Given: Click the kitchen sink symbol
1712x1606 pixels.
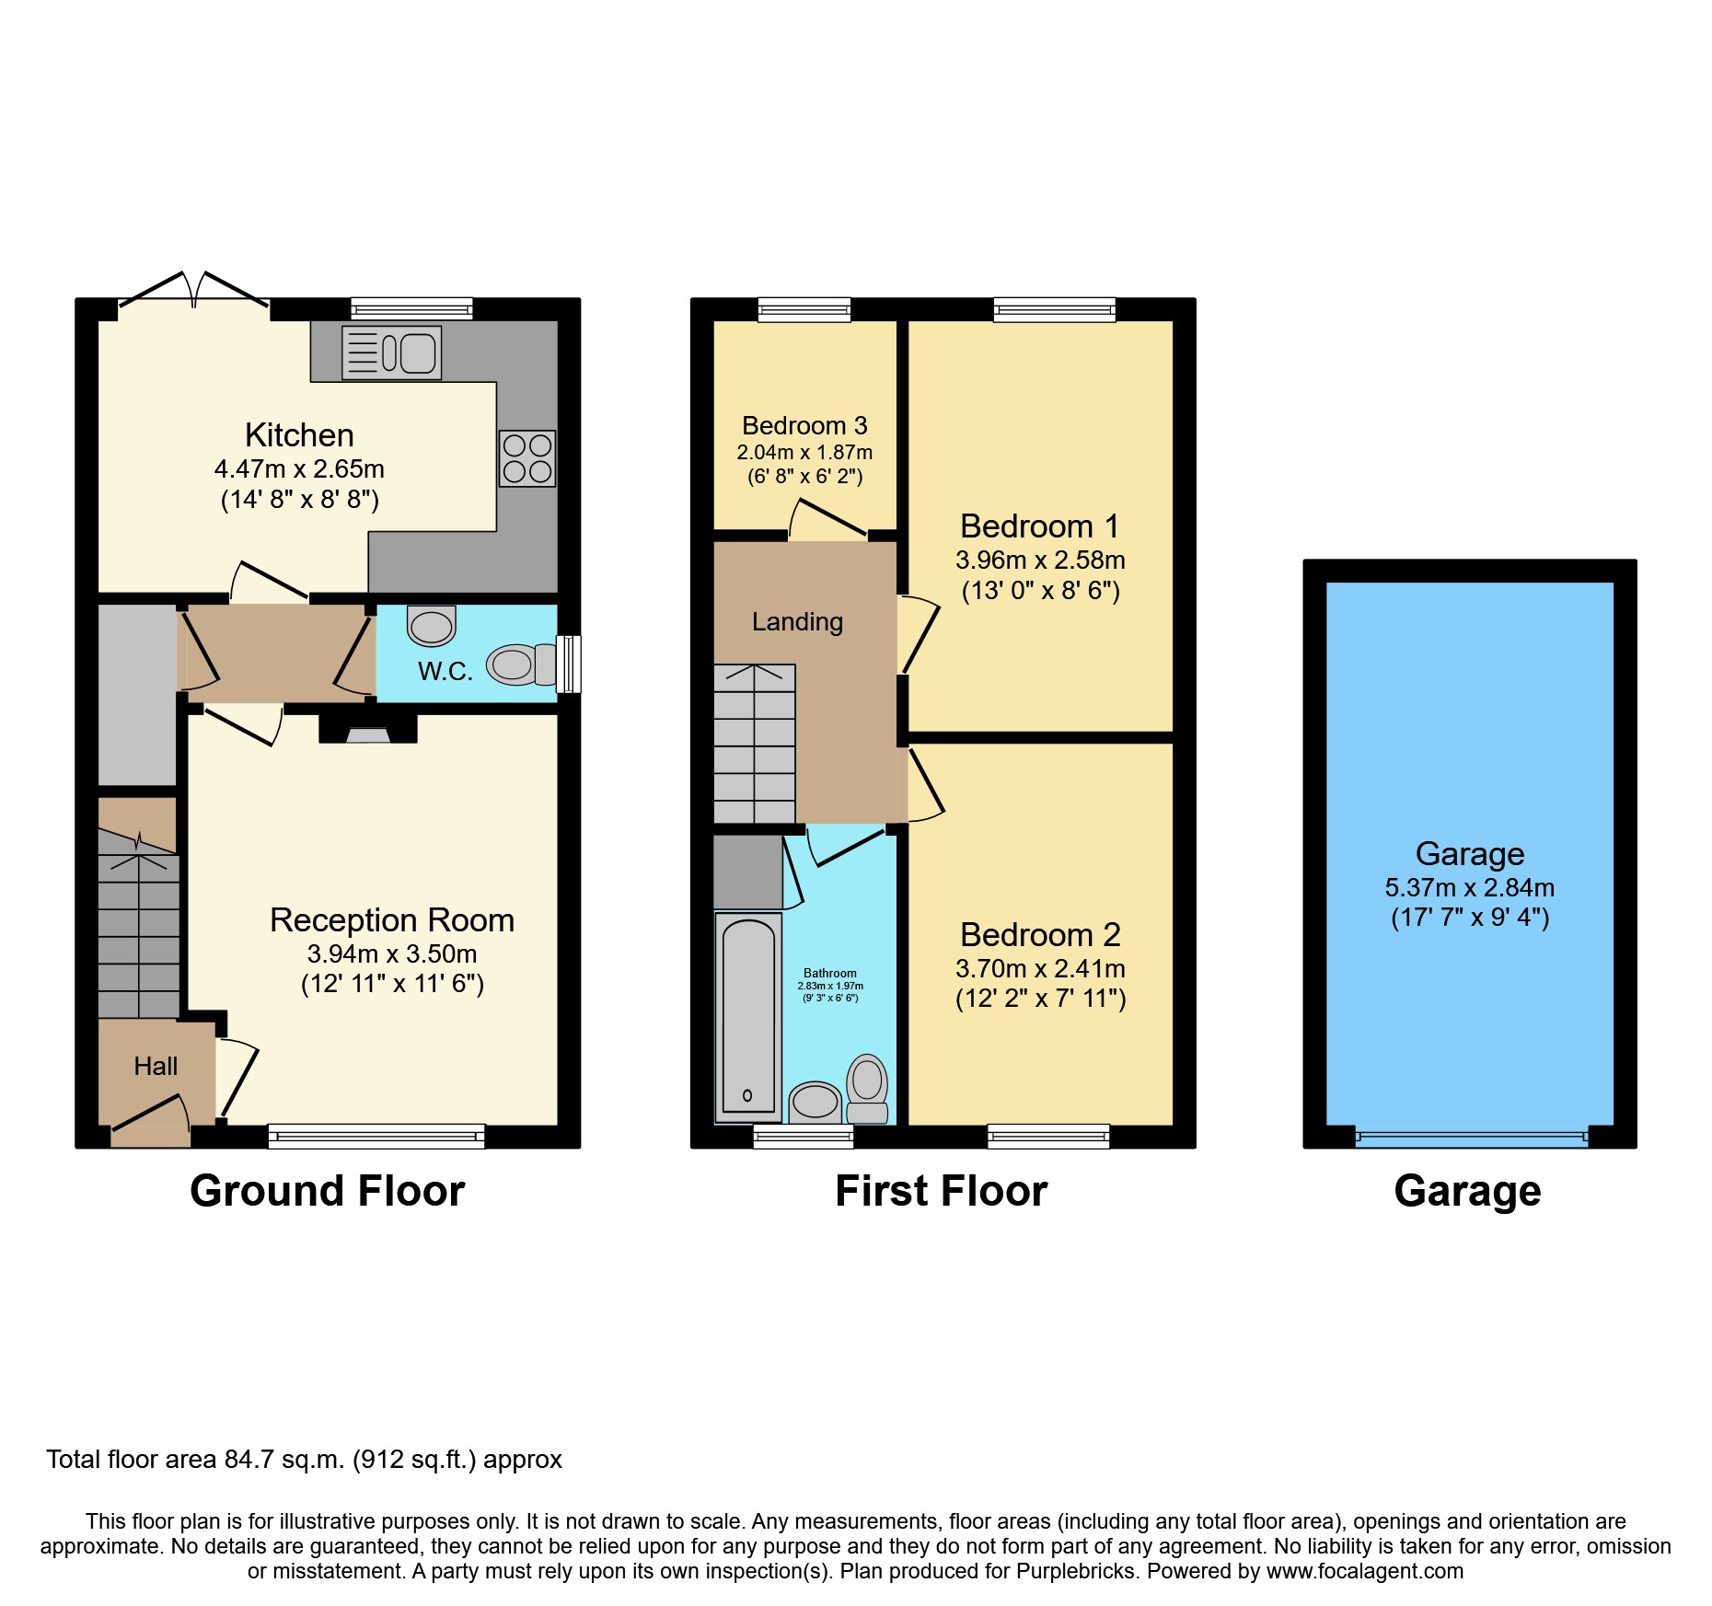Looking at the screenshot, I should coord(391,352).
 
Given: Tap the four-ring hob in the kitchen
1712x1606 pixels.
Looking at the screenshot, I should coord(527,458).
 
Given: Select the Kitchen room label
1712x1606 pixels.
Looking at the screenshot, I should coord(299,435).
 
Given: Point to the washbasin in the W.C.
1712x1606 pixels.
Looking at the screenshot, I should coord(432,626).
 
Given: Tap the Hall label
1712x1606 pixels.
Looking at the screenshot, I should coord(156,1067).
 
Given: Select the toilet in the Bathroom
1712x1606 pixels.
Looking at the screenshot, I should coord(867,1089).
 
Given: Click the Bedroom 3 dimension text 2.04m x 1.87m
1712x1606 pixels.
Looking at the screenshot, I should coord(804,453).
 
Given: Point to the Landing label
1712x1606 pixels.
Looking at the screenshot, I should coord(797,622).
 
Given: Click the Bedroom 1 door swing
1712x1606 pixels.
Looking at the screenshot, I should coord(919,635).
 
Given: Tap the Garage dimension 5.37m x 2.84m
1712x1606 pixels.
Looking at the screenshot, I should coord(1469,888).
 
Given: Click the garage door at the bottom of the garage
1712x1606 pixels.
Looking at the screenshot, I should coord(1471,1138).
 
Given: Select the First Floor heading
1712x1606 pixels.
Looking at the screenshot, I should coord(941,1191).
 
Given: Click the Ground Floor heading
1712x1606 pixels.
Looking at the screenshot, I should coord(327,1191).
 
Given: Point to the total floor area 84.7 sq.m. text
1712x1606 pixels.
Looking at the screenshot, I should coord(304,1460).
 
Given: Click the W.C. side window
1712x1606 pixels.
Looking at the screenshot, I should coord(570,663).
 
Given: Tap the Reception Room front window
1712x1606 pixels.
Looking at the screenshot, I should coord(376,1137).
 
